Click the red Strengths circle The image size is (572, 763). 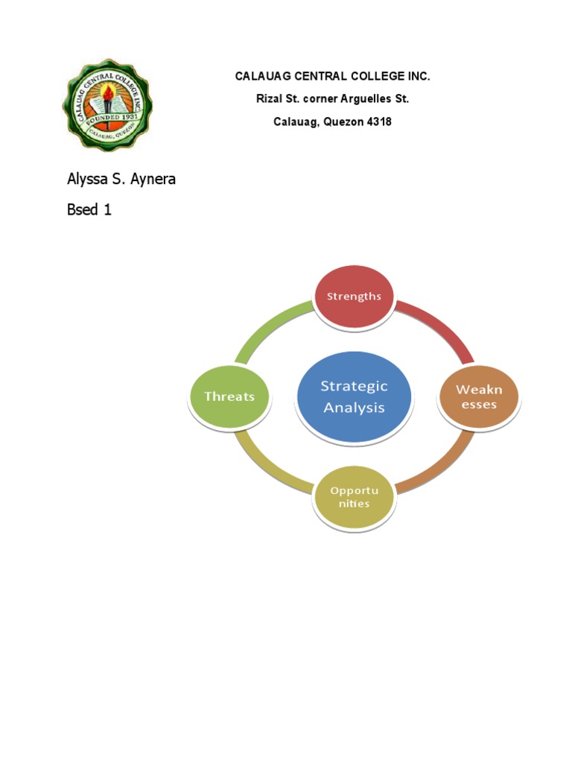[354, 297]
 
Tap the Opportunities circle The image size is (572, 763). [354, 497]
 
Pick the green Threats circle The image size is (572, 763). [229, 396]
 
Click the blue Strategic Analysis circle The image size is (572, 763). [354, 396]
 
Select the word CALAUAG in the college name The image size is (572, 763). [261, 76]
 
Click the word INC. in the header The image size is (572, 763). [418, 76]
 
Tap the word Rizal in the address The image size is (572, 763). [270, 98]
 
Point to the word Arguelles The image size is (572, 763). [363, 98]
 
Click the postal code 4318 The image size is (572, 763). [378, 121]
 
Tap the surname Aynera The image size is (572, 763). [151, 179]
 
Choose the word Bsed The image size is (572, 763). [83, 209]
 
